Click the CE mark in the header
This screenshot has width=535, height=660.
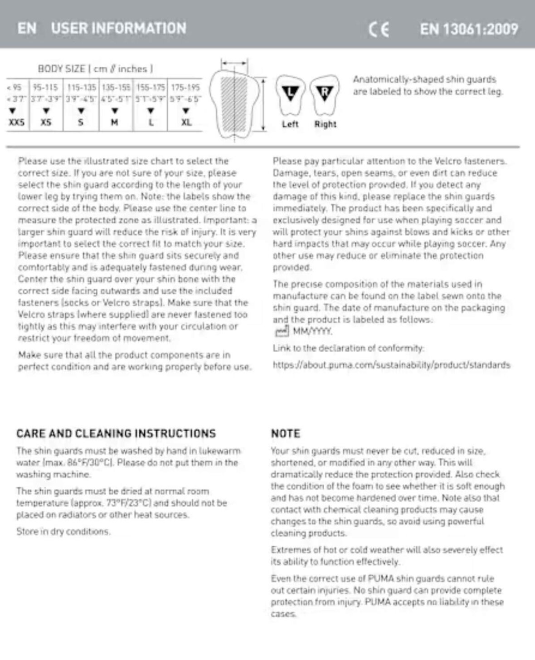point(379,30)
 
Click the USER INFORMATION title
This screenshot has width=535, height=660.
point(118,28)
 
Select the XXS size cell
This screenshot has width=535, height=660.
point(17,122)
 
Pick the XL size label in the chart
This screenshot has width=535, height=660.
point(186,122)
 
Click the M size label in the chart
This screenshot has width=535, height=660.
point(114,122)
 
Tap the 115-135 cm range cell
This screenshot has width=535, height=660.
point(82,87)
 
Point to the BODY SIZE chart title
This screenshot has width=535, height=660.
point(95,69)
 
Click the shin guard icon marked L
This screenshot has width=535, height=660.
point(290,95)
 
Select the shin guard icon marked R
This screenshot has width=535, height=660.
point(325,95)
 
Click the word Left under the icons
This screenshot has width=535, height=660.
point(290,124)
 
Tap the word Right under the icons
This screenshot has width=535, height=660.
point(326,124)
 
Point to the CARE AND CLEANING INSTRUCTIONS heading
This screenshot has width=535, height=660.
point(116,433)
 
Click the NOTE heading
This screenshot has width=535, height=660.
point(286,433)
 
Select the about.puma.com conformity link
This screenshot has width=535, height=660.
point(391,365)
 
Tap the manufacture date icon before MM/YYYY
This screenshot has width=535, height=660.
point(282,331)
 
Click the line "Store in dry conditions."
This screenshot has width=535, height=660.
point(63,531)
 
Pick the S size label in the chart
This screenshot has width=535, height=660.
point(81,122)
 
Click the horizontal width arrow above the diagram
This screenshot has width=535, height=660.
point(234,63)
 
